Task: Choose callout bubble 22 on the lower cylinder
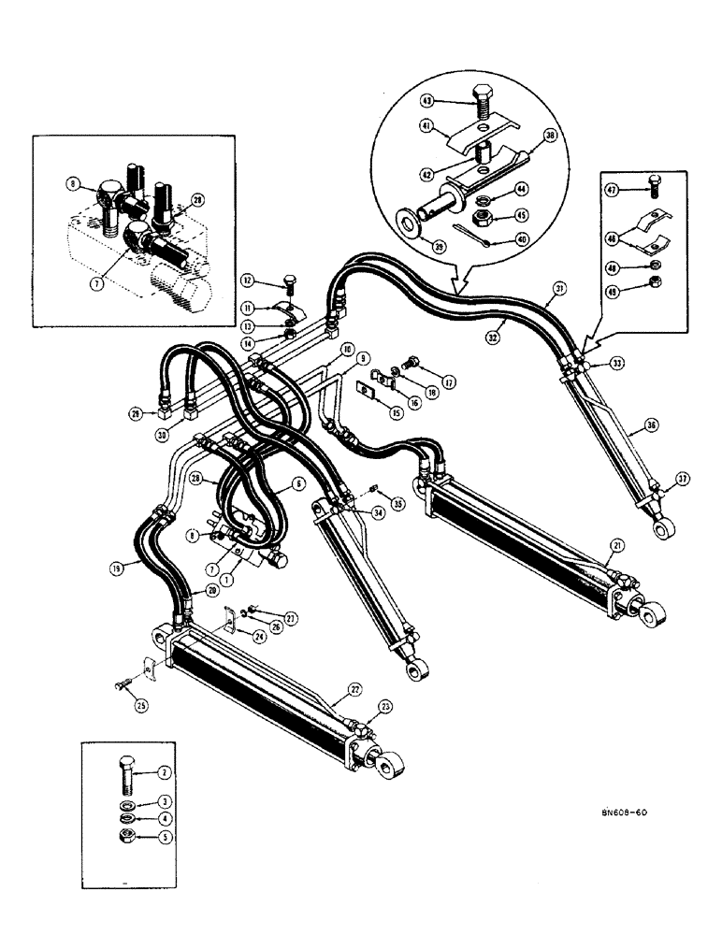(328, 690)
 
